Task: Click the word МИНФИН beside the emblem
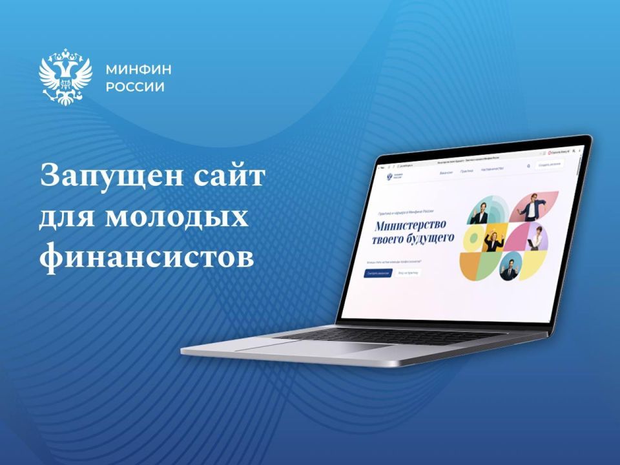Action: [134, 70]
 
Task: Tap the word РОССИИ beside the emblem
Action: [134, 87]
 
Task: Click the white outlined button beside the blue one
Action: [408, 273]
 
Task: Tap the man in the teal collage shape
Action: [480, 212]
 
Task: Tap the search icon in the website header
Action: [528, 165]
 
